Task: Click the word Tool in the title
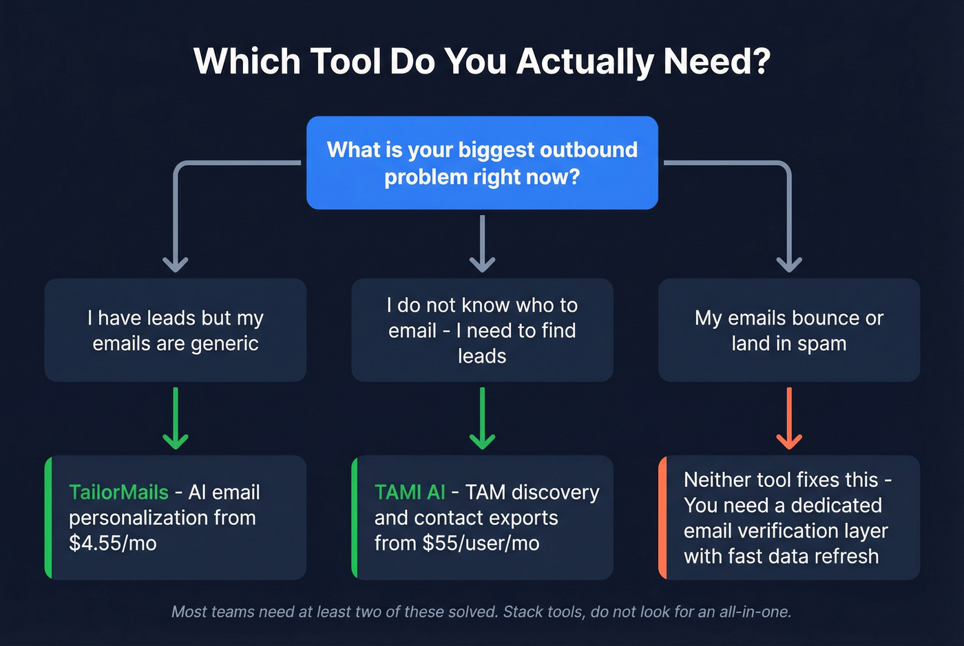point(345,61)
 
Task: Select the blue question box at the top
point(482,163)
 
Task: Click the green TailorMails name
point(118,493)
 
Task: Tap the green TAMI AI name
point(410,493)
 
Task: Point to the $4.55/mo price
point(113,543)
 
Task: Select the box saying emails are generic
point(176,330)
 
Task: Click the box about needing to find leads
point(482,330)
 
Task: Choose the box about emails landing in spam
point(789,330)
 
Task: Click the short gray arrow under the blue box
point(482,244)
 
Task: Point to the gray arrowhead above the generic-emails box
point(176,263)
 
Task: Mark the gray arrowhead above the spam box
point(789,263)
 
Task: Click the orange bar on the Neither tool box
point(662,517)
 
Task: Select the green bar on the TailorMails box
point(48,517)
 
